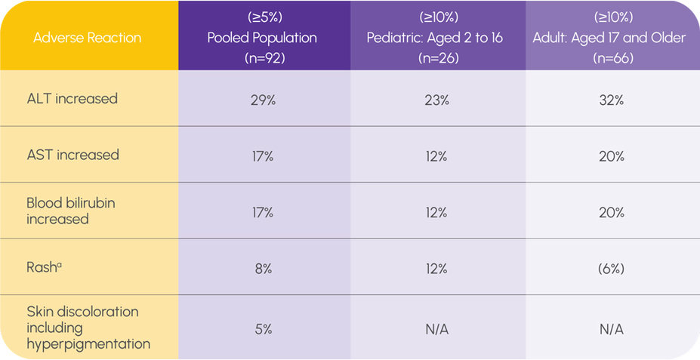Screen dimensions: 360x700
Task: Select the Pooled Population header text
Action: [x=262, y=38]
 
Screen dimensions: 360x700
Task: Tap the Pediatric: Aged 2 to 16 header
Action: [x=436, y=38]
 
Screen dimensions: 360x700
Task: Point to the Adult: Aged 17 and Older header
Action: [x=609, y=38]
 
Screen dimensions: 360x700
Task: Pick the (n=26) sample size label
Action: [x=436, y=57]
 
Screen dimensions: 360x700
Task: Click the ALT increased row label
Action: [x=72, y=99]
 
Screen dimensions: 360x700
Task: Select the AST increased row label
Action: [x=72, y=155]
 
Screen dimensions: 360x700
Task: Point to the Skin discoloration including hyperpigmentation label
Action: [x=88, y=328]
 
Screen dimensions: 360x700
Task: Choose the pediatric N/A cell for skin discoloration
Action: [x=436, y=329]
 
